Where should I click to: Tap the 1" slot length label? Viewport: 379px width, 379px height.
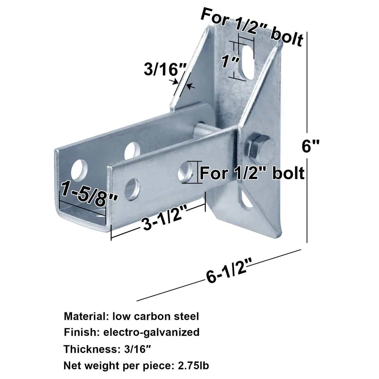point(230,61)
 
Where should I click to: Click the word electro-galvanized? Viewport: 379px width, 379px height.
point(152,333)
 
